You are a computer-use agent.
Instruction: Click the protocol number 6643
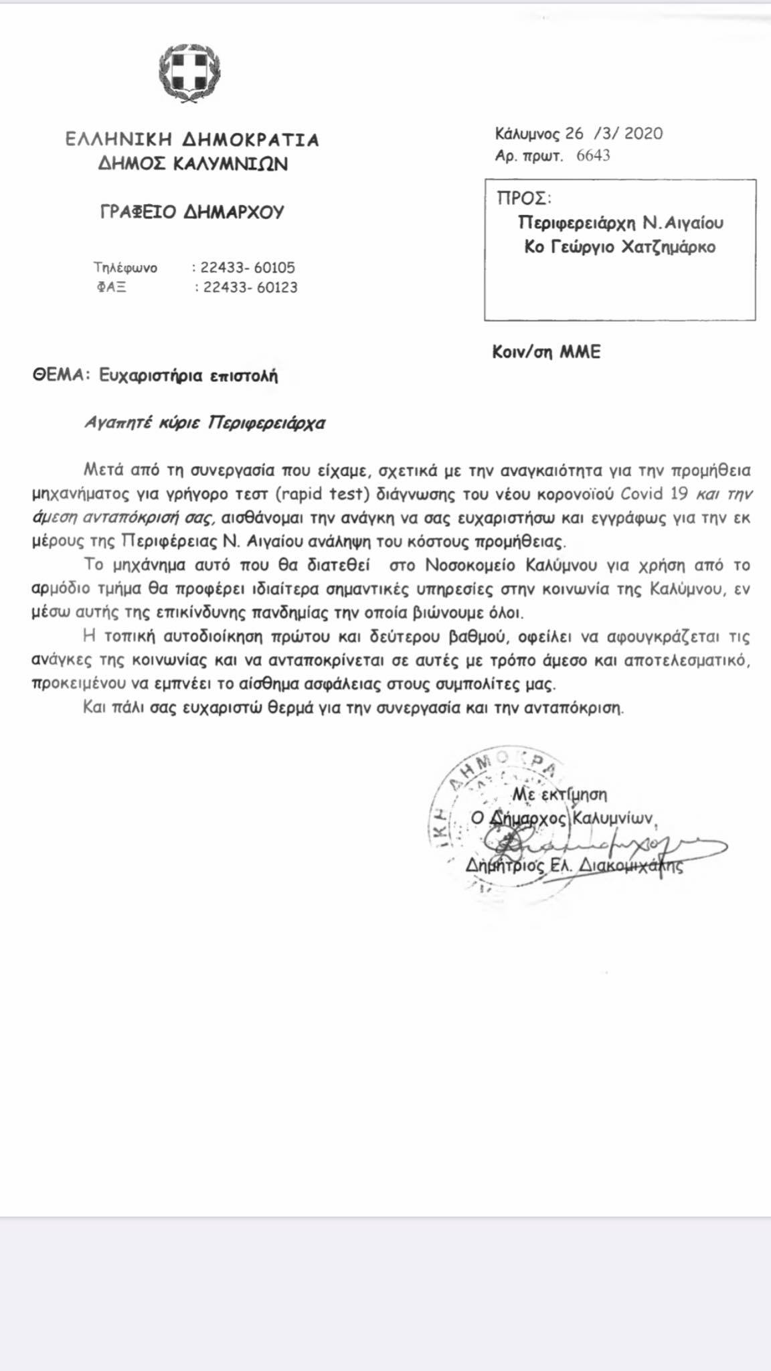coord(593,156)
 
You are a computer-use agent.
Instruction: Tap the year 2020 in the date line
coord(644,133)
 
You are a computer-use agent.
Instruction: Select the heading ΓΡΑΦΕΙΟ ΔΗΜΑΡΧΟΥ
coord(192,212)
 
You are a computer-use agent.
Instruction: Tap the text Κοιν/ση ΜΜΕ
coord(546,352)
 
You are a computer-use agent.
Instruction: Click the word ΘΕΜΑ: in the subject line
coord(61,376)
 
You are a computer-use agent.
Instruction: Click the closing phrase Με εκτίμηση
coord(560,795)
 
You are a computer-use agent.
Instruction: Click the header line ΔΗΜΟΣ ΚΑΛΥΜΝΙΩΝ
coord(193,164)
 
